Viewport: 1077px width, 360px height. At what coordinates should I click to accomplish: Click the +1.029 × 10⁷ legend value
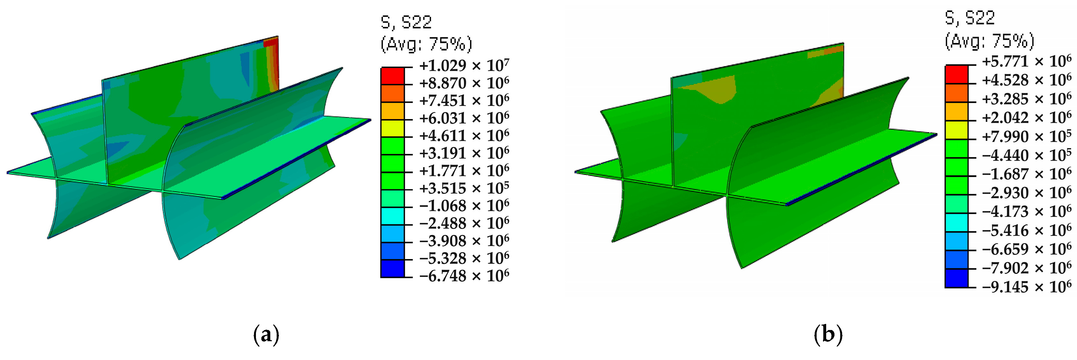point(464,66)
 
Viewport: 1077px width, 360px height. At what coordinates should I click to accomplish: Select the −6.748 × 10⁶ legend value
point(464,276)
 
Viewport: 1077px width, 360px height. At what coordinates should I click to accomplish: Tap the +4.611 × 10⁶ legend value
point(464,136)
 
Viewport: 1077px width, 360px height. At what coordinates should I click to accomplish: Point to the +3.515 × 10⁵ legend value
point(464,188)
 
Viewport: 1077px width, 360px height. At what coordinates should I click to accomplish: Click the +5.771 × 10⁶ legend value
point(1026,62)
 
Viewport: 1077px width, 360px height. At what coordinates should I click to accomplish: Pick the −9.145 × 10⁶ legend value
point(1026,287)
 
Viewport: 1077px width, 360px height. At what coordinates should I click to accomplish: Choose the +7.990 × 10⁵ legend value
point(1026,137)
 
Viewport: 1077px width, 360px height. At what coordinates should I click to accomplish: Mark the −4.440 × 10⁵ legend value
point(1026,155)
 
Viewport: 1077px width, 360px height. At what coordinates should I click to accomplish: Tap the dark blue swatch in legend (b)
point(956,278)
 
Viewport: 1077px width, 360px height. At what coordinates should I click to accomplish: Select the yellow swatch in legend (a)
point(392,128)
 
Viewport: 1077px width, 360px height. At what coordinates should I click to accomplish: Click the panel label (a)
point(266,335)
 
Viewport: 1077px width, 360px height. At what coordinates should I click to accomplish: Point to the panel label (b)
point(828,335)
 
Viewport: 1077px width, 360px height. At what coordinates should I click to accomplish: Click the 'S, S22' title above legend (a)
point(406,22)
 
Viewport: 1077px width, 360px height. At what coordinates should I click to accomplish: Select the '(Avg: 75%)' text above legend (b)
point(990,41)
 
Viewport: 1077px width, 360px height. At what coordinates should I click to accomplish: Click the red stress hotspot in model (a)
point(273,58)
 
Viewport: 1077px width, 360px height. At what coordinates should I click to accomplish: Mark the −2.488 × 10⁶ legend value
point(464,223)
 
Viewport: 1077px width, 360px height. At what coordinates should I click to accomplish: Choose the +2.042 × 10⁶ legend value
point(1026,118)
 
